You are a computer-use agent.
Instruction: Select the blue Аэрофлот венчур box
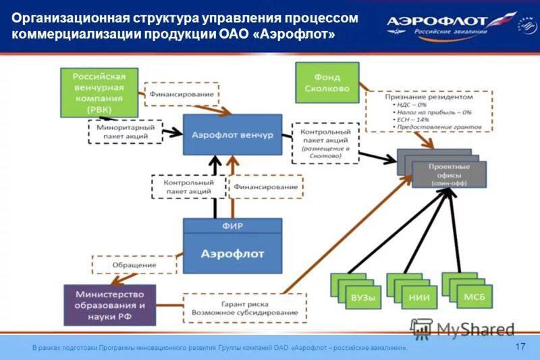point(232,135)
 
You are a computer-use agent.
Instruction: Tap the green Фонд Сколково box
point(327,81)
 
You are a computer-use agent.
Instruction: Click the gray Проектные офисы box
point(448,174)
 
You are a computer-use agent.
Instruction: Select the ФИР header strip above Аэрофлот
point(232,226)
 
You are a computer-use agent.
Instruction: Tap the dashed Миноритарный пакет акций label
point(126,131)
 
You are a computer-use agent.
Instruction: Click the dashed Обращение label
point(134,265)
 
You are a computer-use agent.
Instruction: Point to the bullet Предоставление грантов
point(433,126)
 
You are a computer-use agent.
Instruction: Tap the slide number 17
point(520,346)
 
